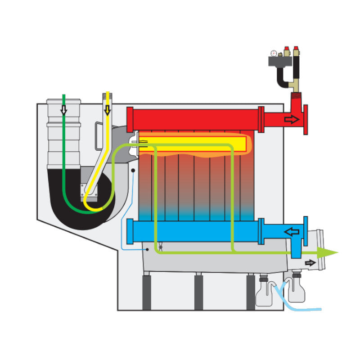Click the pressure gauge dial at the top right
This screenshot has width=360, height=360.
point(274,53)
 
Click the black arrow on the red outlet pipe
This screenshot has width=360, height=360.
point(292,119)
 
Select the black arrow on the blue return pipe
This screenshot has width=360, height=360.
point(292,232)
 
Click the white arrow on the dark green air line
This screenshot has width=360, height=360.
point(64,110)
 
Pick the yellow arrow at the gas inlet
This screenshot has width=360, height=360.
point(107,109)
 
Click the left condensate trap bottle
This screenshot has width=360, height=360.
point(265,292)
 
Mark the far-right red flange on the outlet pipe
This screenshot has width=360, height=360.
point(306,119)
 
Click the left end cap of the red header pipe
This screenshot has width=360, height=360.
point(130,119)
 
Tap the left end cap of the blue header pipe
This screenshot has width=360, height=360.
point(130,231)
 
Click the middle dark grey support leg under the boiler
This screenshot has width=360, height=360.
point(198,292)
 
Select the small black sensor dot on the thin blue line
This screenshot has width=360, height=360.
point(133,171)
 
